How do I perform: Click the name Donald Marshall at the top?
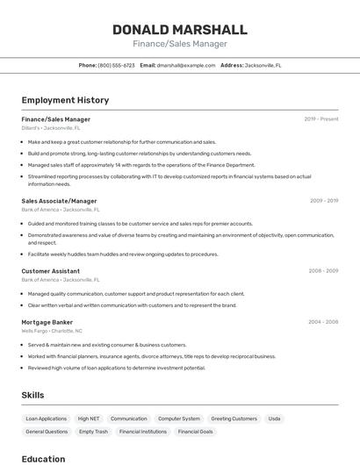click(x=180, y=30)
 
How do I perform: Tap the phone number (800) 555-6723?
click(x=116, y=65)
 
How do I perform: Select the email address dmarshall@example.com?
click(x=186, y=65)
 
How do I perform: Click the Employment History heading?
click(x=65, y=100)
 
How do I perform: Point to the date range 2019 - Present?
click(x=321, y=118)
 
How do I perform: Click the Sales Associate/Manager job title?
click(x=59, y=201)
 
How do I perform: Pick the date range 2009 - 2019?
click(x=324, y=201)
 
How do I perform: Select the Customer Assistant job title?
click(x=50, y=271)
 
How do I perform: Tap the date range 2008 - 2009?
click(x=323, y=271)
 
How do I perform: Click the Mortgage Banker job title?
click(x=47, y=322)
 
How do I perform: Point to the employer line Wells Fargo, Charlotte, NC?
click(x=52, y=331)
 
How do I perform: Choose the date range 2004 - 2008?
click(x=323, y=322)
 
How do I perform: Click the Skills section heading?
click(x=33, y=395)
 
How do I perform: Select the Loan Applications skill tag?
click(x=46, y=418)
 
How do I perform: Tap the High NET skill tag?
click(x=89, y=418)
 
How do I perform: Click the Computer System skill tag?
click(x=179, y=418)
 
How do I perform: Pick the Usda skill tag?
click(x=275, y=418)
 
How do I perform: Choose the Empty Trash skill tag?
click(x=93, y=432)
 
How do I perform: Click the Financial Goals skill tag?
click(x=195, y=432)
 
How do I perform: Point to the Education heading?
click(x=43, y=459)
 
